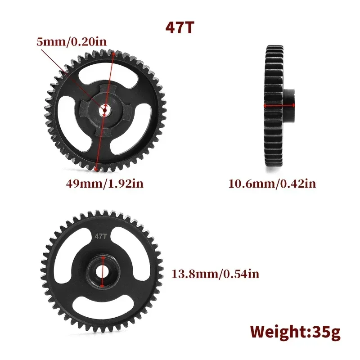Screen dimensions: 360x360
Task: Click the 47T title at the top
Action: tap(180, 27)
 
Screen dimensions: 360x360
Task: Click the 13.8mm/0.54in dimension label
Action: tap(215, 274)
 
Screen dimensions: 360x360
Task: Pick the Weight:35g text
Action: tap(295, 332)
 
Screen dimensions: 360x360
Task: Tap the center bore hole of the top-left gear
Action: tap(104, 109)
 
